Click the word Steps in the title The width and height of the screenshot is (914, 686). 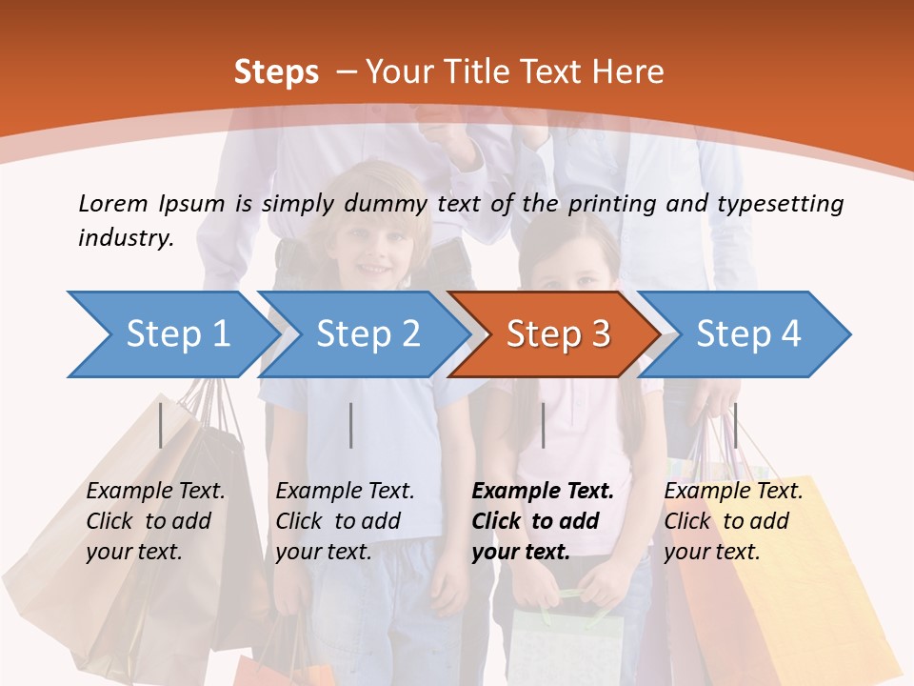[276, 72]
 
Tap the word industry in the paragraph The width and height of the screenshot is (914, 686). [125, 238]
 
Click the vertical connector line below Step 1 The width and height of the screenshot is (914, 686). [161, 425]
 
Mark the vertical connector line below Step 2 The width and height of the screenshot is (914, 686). [351, 425]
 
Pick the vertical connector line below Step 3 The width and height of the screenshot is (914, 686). [543, 425]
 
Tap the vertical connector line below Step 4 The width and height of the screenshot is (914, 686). [734, 425]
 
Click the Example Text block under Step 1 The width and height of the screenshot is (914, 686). [155, 521]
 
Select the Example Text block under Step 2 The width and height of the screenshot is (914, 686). [345, 521]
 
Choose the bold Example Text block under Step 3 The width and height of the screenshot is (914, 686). [543, 521]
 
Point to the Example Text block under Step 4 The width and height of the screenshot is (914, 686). [733, 521]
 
